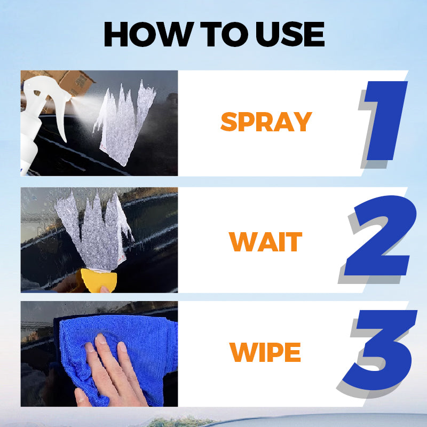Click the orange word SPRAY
[x=265, y=122]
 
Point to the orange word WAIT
[x=265, y=242]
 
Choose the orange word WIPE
[x=265, y=352]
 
